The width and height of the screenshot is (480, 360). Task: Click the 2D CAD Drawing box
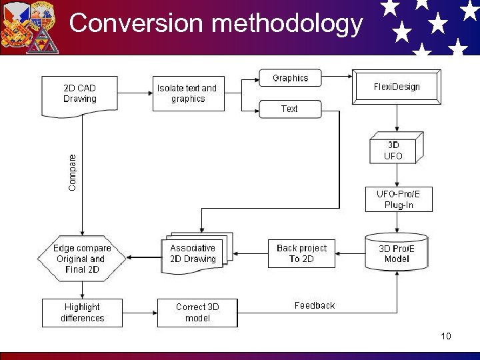pyautogui.click(x=79, y=94)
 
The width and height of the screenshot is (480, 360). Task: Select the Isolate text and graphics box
pyautogui.click(x=187, y=94)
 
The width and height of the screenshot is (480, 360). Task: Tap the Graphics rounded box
pyautogui.click(x=290, y=78)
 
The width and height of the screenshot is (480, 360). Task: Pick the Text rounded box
pyautogui.click(x=289, y=109)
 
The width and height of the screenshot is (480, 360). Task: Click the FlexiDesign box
pyautogui.click(x=397, y=87)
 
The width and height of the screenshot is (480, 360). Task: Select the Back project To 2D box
pyautogui.click(x=301, y=253)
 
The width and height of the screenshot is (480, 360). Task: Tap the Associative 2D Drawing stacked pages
pyautogui.click(x=194, y=253)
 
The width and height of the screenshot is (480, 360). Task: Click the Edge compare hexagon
pyautogui.click(x=82, y=259)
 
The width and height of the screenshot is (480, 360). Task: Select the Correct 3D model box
pyautogui.click(x=197, y=313)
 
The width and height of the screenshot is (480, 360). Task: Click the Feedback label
pyautogui.click(x=315, y=305)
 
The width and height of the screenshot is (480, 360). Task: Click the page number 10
pyautogui.click(x=445, y=336)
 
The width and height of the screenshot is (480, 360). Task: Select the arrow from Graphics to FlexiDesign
pyautogui.click(x=337, y=78)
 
